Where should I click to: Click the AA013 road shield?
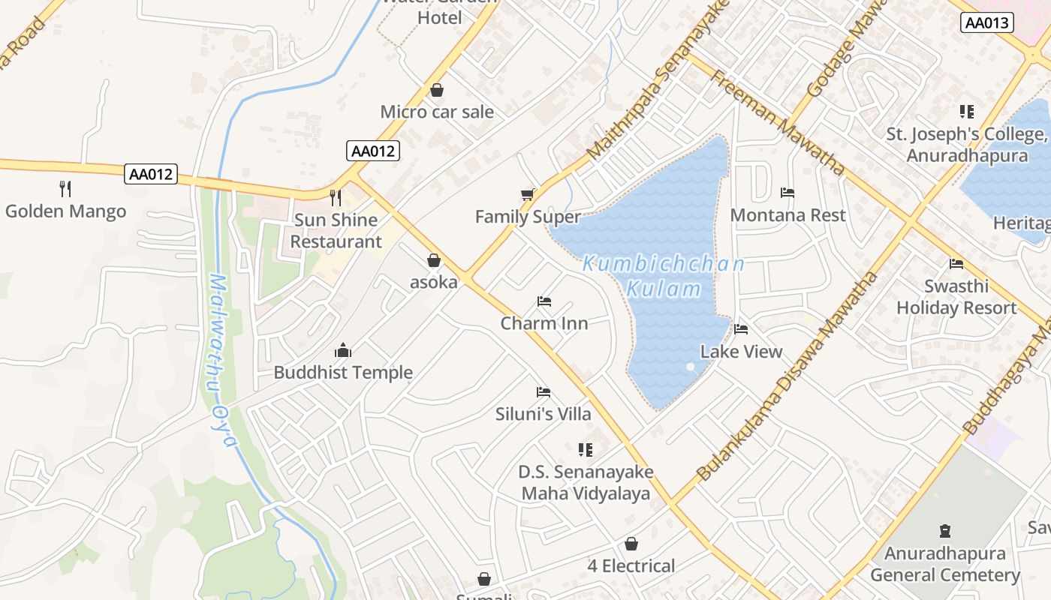point(986,22)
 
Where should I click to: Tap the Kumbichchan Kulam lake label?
point(664,276)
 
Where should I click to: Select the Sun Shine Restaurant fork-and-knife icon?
point(336,197)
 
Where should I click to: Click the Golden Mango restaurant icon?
point(65,188)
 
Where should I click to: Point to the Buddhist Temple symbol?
point(343,350)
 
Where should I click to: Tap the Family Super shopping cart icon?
point(528,194)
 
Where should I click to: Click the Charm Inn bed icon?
point(544,301)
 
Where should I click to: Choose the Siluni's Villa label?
point(544,414)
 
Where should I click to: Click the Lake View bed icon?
point(741,328)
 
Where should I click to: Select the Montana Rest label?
point(787,215)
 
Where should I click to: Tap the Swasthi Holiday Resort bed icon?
point(956,263)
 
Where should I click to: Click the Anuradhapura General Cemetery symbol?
point(945,531)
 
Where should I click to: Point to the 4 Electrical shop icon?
point(631,543)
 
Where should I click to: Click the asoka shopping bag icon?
point(433,260)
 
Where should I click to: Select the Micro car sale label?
point(437,112)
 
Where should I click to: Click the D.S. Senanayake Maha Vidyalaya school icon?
point(586,450)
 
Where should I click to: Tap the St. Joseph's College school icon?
point(967,112)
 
